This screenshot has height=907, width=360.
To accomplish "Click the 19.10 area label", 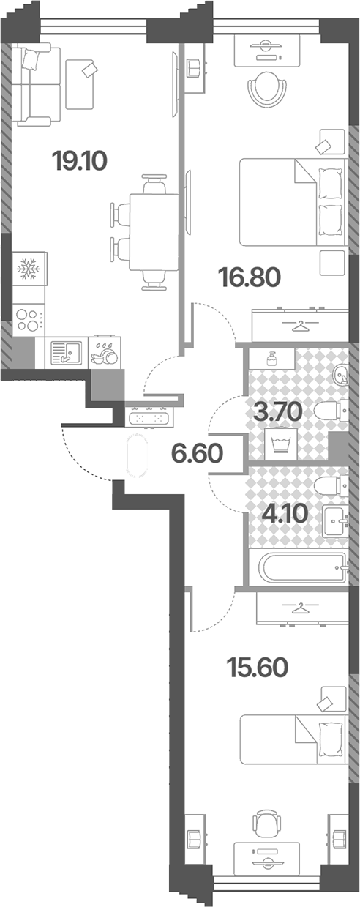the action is [x=80, y=161].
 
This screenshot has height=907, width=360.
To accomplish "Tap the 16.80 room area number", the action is [x=250, y=277].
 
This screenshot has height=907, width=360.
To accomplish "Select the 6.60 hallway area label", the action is [x=198, y=453].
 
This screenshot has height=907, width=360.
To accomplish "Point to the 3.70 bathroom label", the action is [x=277, y=412].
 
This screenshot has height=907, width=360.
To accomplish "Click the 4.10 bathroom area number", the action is [x=285, y=514].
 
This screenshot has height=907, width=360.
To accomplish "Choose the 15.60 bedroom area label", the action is [x=258, y=668].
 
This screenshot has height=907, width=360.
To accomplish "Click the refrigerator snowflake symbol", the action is [x=28, y=269].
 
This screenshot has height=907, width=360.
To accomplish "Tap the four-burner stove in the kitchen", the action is [x=28, y=319].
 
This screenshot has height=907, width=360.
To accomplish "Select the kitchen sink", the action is [x=66, y=352].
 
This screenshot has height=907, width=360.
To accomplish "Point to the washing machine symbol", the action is [x=281, y=444].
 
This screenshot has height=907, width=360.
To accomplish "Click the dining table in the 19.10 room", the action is [x=154, y=232].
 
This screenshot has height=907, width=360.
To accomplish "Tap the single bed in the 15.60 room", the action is [x=293, y=739].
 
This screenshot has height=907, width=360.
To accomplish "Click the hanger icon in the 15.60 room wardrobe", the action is [x=300, y=608].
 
